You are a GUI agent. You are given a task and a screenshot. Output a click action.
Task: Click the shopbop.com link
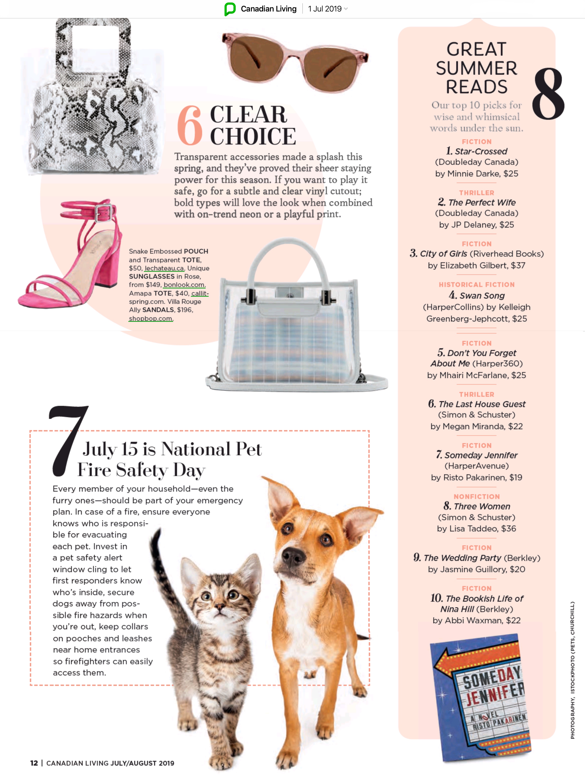151,319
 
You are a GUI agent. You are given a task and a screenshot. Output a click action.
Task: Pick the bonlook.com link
184,285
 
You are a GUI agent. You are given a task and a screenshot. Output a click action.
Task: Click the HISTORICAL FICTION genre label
477,285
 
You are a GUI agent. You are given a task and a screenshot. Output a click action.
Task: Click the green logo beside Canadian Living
230,9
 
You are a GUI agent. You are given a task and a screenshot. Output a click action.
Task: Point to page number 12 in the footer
34,763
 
